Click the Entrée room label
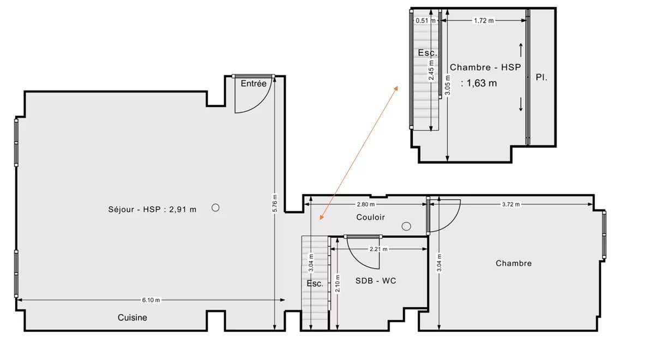pyautogui.click(x=254, y=83)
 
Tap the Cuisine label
pyautogui.click(x=133, y=317)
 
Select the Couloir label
pyautogui.click(x=370, y=217)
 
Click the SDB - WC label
pyautogui.click(x=376, y=280)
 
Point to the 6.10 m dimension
pyautogui.click(x=151, y=300)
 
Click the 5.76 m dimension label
pyautogui.click(x=275, y=203)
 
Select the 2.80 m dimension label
pyautogui.click(x=365, y=205)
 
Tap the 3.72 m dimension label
pyautogui.click(x=511, y=205)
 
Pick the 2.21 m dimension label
pyautogui.click(x=378, y=249)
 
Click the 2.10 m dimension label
pyautogui.click(x=338, y=283)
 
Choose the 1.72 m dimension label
pyautogui.click(x=484, y=21)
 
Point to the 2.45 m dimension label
pyautogui.click(x=431, y=70)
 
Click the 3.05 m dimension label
pyautogui.click(x=448, y=85)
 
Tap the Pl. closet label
pyautogui.click(x=541, y=77)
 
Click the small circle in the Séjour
pyautogui.click(x=215, y=208)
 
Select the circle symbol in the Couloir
pyautogui.click(x=406, y=226)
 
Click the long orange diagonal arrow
pyautogui.click(x=359, y=153)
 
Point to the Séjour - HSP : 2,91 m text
pyautogui.click(x=152, y=209)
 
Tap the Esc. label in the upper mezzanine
pyautogui.click(x=428, y=53)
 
